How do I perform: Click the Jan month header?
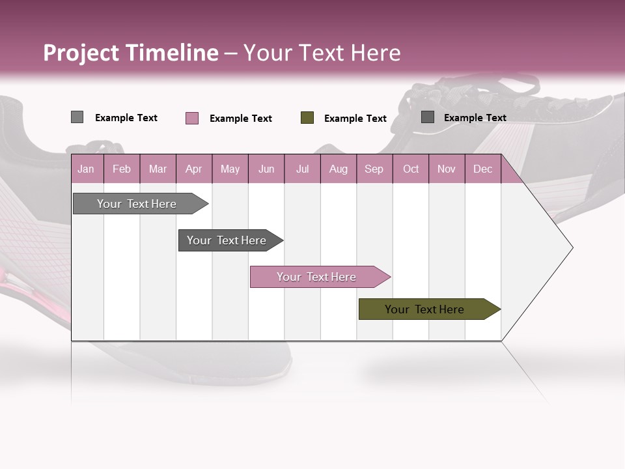pyautogui.click(x=86, y=169)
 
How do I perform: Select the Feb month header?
pyautogui.click(x=122, y=169)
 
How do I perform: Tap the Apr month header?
pyautogui.click(x=193, y=169)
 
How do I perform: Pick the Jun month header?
pyautogui.click(x=266, y=169)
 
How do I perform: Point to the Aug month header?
pyautogui.click(x=338, y=169)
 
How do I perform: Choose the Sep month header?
pyautogui.click(x=374, y=169)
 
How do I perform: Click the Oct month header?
pyautogui.click(x=411, y=169)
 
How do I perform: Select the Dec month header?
pyautogui.click(x=482, y=169)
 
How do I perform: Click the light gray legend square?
pyautogui.click(x=77, y=117)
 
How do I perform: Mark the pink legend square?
pyautogui.click(x=191, y=118)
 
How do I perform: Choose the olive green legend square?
pyautogui.click(x=307, y=118)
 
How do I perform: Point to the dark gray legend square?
pyautogui.click(x=428, y=117)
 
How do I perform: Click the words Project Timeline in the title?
pyautogui.click(x=131, y=53)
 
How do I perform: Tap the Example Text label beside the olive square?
pyautogui.click(x=355, y=119)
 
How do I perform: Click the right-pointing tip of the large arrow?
pyautogui.click(x=570, y=248)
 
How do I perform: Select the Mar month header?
pyautogui.click(x=158, y=169)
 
